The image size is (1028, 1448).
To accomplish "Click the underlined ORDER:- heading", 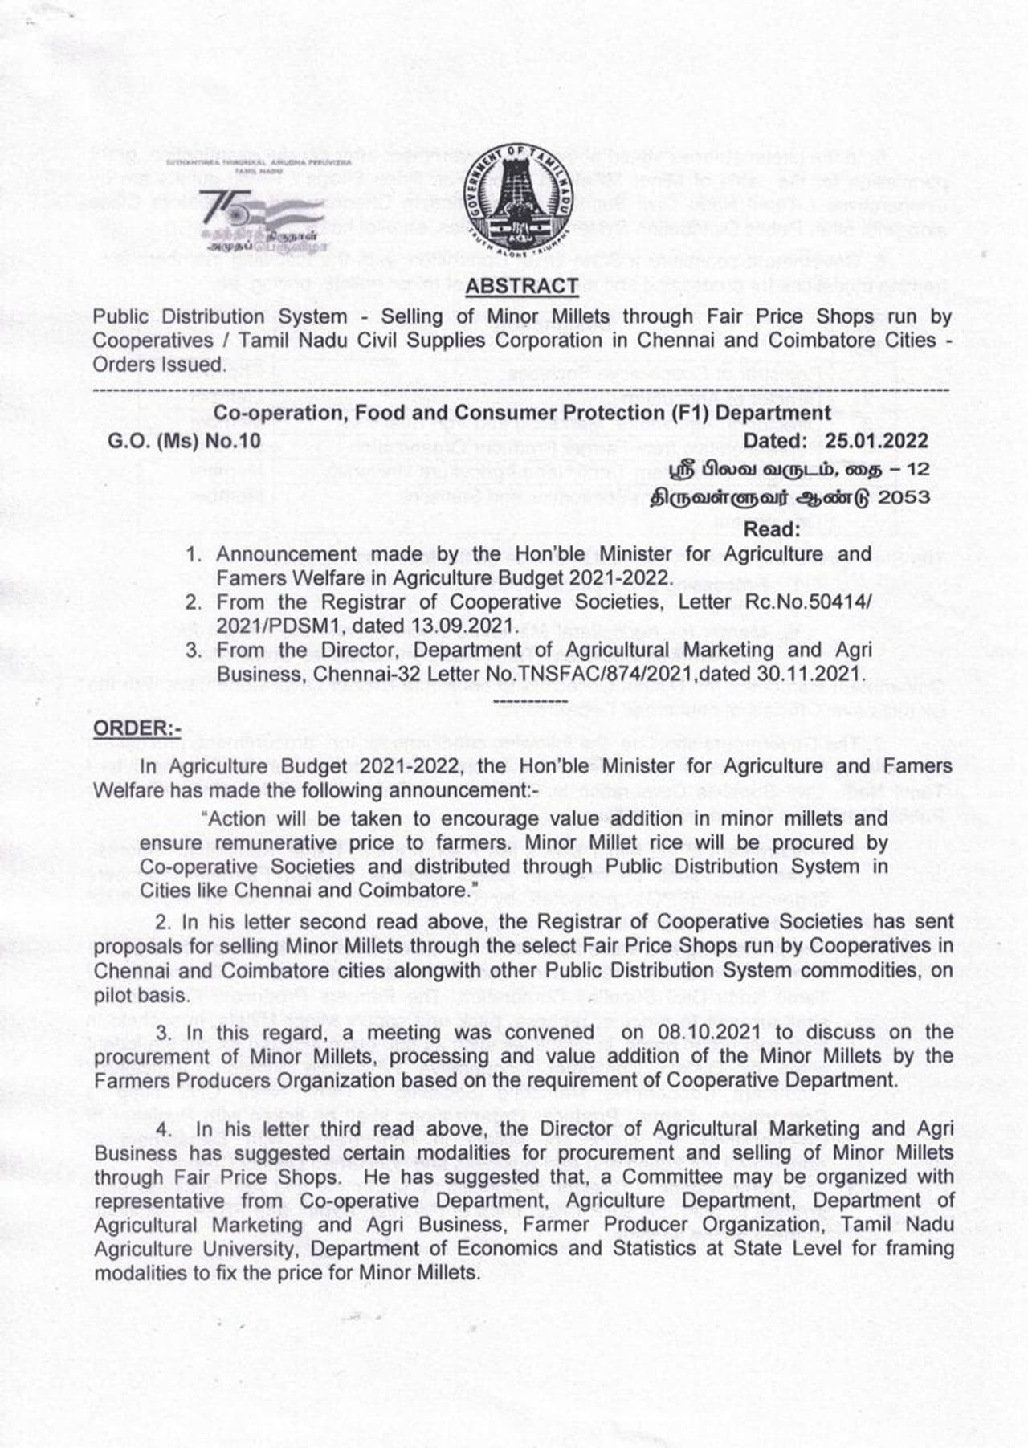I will point(137,728).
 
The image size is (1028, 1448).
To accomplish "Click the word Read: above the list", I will point(772,529).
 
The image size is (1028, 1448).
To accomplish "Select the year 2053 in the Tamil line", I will point(904,497).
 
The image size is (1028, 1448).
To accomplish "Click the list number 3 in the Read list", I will point(193,650).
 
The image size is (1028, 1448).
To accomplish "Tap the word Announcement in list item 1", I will point(285,554).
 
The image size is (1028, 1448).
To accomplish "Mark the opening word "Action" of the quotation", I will point(237,818).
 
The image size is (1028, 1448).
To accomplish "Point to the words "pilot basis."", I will point(141,995).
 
